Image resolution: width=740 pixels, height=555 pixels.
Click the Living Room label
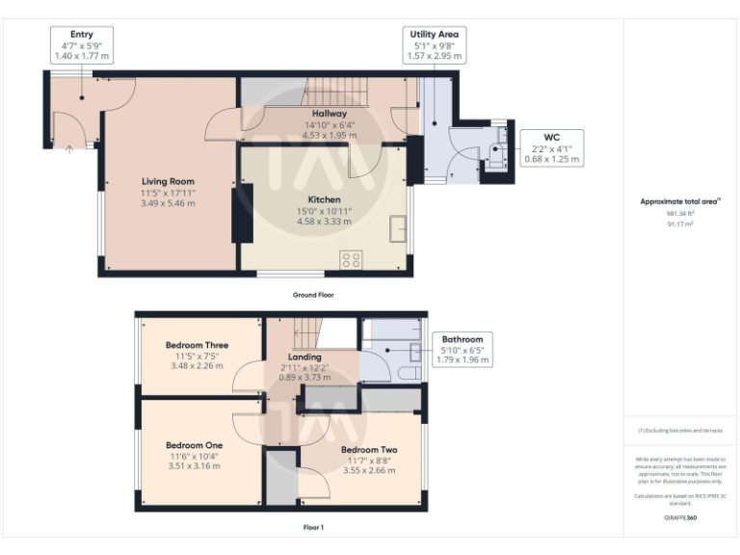169,181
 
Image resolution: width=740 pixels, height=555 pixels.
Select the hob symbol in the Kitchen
352,258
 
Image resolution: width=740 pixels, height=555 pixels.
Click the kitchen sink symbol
397,229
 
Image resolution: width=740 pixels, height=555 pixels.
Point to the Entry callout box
81,45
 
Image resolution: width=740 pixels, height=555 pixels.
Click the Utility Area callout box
434,45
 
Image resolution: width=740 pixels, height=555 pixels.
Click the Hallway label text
329,114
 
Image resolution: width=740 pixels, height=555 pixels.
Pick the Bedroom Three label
197,345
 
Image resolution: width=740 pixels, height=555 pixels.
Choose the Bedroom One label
194,445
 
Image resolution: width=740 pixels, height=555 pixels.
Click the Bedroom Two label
369,450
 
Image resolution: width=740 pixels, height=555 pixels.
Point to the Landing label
304,357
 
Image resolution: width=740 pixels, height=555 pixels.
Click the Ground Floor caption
313,294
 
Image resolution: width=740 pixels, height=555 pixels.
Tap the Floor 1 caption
313,527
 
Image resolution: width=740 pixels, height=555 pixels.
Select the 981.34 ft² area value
680,213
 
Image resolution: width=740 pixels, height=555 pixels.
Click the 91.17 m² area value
680,224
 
